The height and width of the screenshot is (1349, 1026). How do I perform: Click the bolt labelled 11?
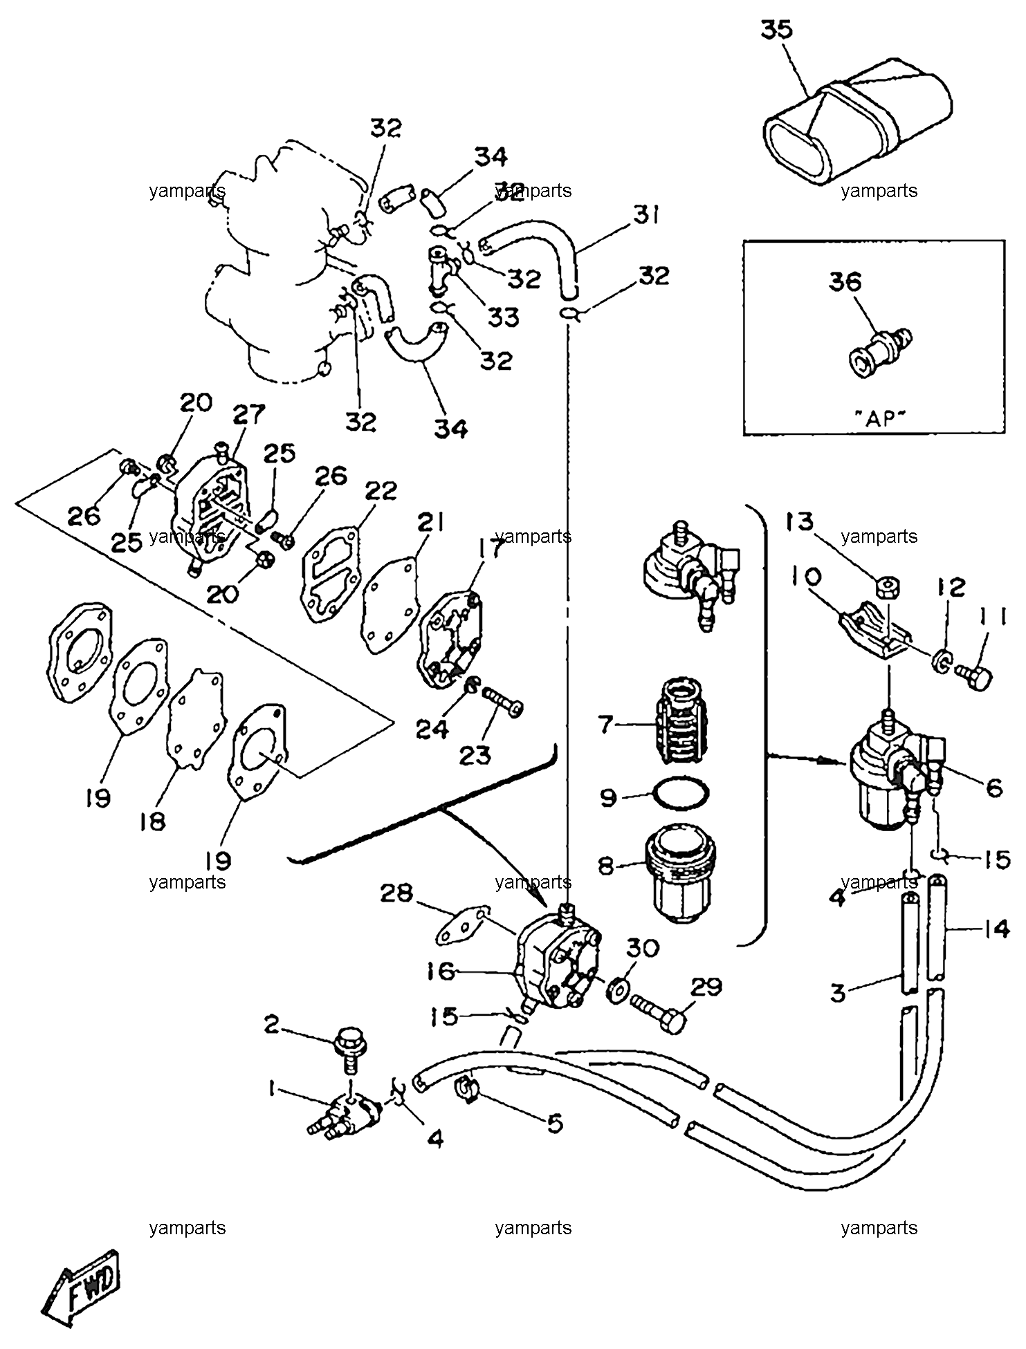click(973, 672)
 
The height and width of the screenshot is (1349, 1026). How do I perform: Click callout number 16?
click(441, 971)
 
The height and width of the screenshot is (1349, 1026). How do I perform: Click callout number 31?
click(646, 216)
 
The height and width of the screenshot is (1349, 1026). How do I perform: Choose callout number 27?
click(249, 415)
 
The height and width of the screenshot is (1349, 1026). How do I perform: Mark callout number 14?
click(996, 930)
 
